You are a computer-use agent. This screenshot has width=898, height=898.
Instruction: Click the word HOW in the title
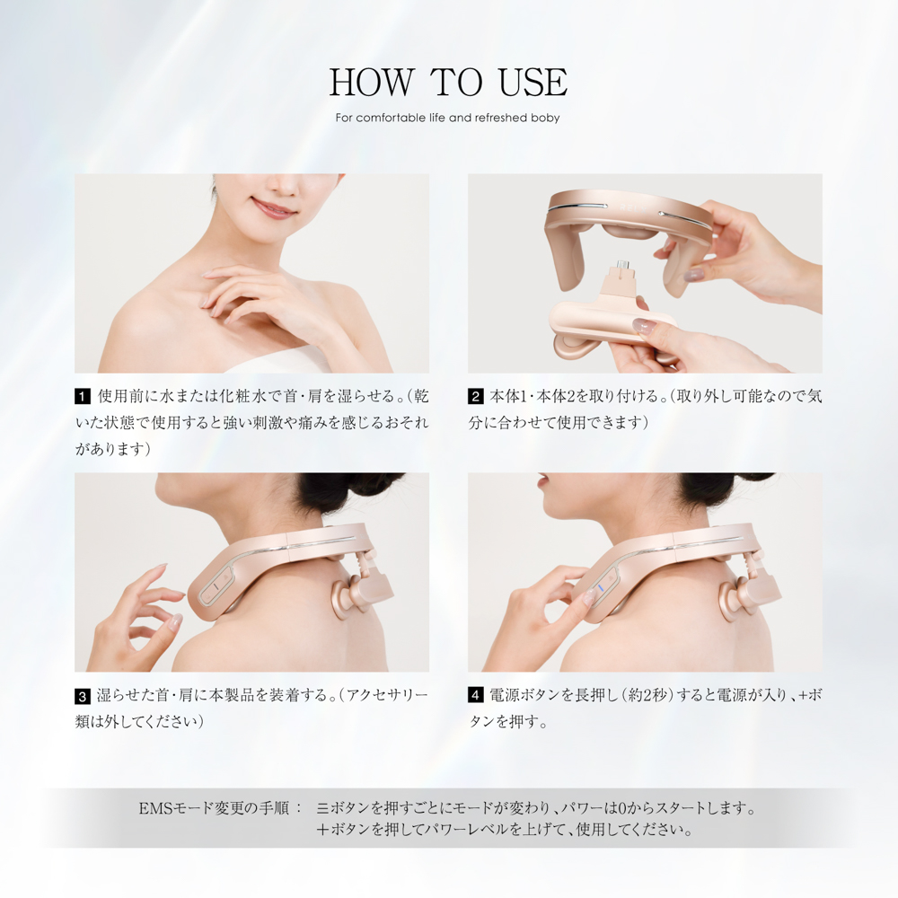pos(371,82)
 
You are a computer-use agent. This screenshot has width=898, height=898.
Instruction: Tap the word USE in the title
pos(533,82)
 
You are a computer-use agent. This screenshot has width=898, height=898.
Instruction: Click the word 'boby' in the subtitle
pos(545,118)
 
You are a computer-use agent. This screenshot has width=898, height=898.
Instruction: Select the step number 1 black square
pos(83,396)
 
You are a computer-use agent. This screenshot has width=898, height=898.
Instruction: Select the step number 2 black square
pos(475,396)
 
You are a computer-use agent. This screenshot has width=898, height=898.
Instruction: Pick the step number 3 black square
pos(83,696)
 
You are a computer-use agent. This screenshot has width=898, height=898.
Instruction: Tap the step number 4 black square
pos(475,696)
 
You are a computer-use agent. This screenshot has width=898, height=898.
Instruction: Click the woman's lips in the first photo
pos(273,208)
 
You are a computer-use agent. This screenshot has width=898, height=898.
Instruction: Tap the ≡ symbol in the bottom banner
pos(321,808)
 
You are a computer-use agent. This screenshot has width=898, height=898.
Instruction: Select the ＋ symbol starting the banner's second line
pos(322,829)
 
